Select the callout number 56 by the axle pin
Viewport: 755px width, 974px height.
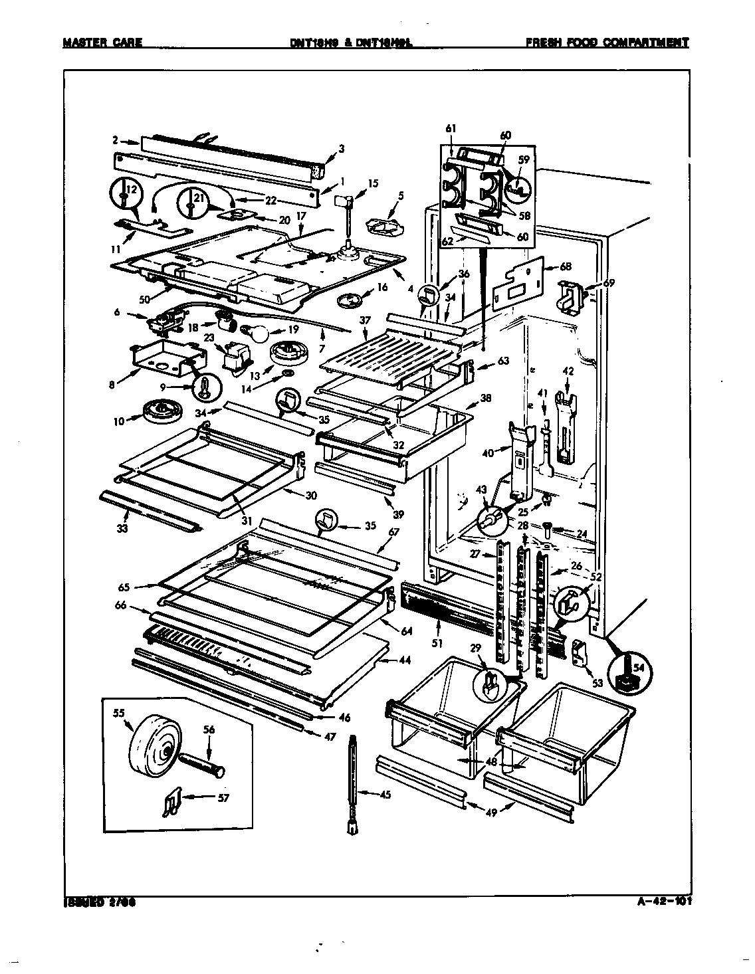(x=209, y=729)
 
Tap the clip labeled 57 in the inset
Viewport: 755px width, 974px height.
(x=171, y=805)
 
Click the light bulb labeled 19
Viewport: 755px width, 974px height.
(x=255, y=330)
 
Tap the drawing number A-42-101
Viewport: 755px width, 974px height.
(x=657, y=902)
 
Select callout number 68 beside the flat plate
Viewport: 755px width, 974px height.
(x=565, y=268)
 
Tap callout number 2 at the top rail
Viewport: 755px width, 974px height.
(x=115, y=141)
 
